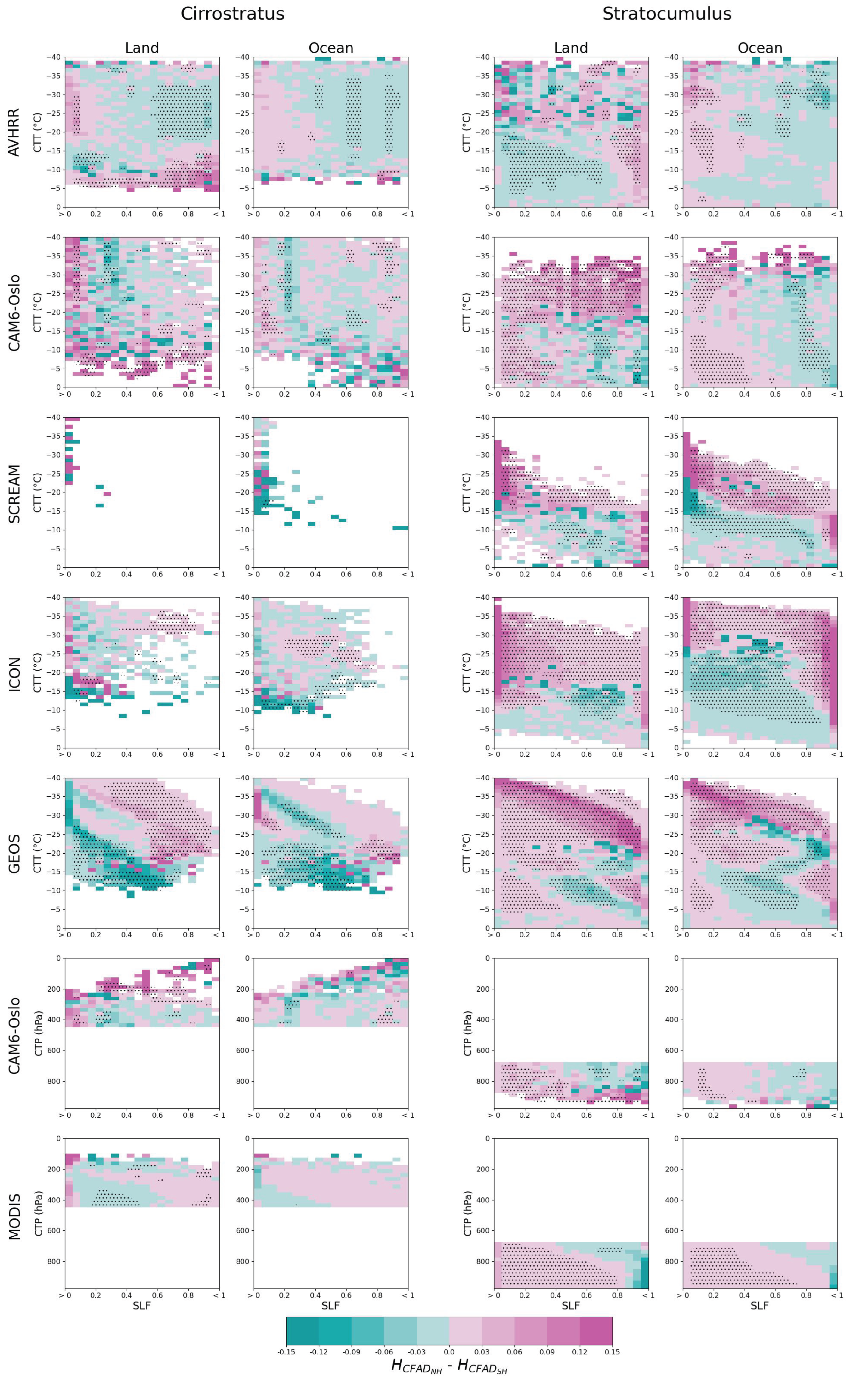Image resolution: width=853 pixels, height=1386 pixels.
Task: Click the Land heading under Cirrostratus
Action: coord(141,48)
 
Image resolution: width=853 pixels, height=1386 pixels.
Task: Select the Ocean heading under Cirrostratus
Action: coord(330,48)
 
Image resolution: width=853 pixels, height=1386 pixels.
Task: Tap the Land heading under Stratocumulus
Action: coord(571,48)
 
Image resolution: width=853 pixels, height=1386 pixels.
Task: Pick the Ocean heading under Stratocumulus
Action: coord(760,48)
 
